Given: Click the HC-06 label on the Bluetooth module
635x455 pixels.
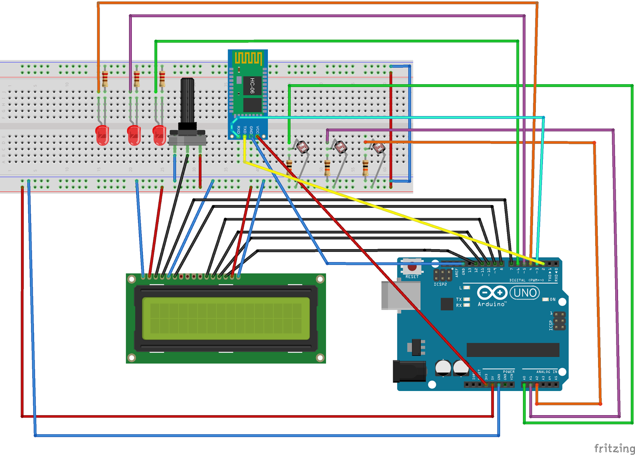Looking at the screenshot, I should pos(252,86).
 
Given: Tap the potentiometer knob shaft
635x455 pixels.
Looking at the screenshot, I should pos(187,101).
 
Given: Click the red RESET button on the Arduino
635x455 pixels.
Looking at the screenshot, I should pos(412,267).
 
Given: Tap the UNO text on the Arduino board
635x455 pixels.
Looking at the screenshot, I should pos(525,293).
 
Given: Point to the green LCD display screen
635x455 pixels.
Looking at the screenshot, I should pos(225,318).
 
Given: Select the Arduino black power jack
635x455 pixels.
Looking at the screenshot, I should pos(409,371).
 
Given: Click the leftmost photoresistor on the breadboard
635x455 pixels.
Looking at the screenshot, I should pos(302,147).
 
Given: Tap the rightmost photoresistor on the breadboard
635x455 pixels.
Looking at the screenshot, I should pos(379,148).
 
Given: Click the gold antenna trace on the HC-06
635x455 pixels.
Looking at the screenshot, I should pos(248,58).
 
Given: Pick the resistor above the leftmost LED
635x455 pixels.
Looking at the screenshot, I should pos(105,79).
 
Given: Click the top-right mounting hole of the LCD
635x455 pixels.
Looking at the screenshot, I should pos(320,279).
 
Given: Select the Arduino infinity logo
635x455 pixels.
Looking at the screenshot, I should pos(492,293).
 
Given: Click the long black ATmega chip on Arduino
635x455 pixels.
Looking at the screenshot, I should pos(513,350).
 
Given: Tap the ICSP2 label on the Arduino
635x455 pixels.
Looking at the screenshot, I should pos(440,285).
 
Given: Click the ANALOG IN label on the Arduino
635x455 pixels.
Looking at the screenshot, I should pos(546,372).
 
